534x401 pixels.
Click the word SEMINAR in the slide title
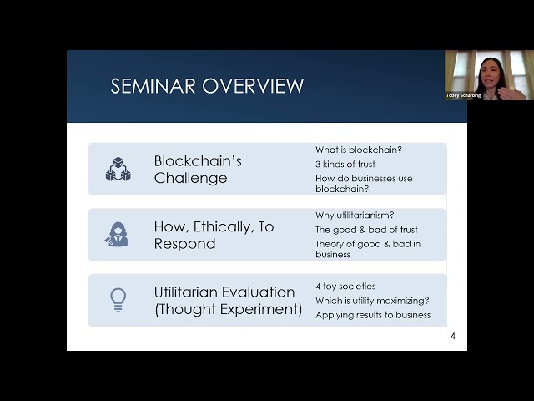coord(153,85)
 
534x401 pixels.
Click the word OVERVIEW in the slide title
coord(253,85)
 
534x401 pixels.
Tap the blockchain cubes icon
coord(118,169)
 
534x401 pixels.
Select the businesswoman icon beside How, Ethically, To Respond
coord(117,234)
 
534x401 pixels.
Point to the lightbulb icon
coord(118,300)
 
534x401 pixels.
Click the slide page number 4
coord(452,336)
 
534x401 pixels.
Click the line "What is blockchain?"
coord(359,150)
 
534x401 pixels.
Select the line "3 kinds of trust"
coord(345,164)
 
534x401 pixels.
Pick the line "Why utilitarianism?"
coord(355,216)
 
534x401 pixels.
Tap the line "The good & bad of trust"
coord(366,230)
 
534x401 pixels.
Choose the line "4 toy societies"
coord(345,286)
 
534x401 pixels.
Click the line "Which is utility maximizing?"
coord(372,301)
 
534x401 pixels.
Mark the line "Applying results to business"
coord(373,315)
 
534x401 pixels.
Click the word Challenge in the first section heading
coord(190,178)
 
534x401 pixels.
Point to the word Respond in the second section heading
coord(184,243)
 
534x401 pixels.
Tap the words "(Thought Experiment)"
coord(228,309)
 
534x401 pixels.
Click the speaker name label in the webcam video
coord(463,95)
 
